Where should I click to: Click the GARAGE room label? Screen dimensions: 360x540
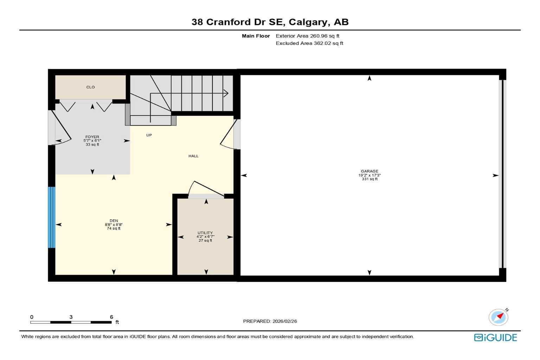pos(369,171)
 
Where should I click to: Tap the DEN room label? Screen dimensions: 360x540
pos(114,221)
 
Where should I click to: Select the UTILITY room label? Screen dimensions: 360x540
pos(205,233)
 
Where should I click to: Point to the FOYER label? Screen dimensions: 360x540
pos(92,137)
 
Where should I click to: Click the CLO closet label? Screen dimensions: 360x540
pos(90,87)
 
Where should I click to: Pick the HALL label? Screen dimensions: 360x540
pos(193,156)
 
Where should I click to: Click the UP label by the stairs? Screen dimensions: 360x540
pos(149,135)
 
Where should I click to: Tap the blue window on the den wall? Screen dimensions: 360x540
pos(52,217)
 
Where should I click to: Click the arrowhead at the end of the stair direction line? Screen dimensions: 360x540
pos(226,94)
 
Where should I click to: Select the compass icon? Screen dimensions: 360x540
pos(498,317)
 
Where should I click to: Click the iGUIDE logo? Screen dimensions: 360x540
pos(495,337)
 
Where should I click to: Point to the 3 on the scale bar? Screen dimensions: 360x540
pos(71,317)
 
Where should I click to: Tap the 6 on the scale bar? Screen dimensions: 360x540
pos(111,317)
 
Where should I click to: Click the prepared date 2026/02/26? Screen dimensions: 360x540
pos(284,321)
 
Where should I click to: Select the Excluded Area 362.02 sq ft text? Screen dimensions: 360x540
pos(309,43)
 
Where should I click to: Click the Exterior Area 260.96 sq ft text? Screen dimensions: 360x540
pos(307,36)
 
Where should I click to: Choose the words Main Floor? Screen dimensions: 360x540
pos(256,36)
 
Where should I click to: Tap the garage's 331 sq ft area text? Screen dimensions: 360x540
pos(369,179)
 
